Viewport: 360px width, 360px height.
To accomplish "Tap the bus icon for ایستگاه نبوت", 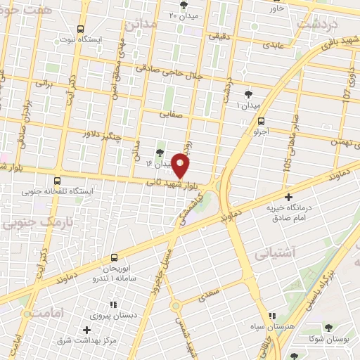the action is pyautogui.click(x=82, y=30).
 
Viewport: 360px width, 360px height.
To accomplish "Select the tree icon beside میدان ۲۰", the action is pyautogui.click(x=184, y=6).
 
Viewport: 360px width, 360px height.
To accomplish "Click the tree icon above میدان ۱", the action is pyautogui.click(x=249, y=94).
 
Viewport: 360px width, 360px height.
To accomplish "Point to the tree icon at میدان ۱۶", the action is pyautogui.click(x=160, y=152).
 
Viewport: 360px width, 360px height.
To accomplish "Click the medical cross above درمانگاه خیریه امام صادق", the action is pyautogui.click(x=288, y=197).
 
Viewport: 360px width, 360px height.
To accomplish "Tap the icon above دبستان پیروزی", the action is pyautogui.click(x=112, y=304).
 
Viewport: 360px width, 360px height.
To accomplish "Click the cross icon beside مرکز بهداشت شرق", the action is pyautogui.click(x=86, y=330).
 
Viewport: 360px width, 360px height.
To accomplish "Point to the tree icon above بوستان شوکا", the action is pyautogui.click(x=328, y=327).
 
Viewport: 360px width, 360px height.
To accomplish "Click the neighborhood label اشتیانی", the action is pyautogui.click(x=275, y=252).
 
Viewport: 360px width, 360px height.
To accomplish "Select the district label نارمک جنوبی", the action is pyautogui.click(x=27, y=224).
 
